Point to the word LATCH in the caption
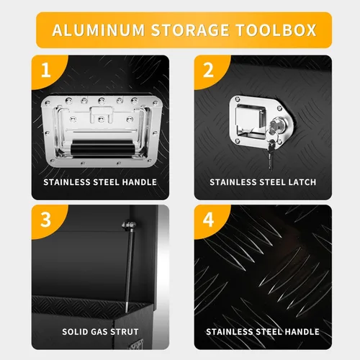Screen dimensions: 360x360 [300, 182]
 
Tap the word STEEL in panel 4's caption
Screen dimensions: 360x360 [264, 332]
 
